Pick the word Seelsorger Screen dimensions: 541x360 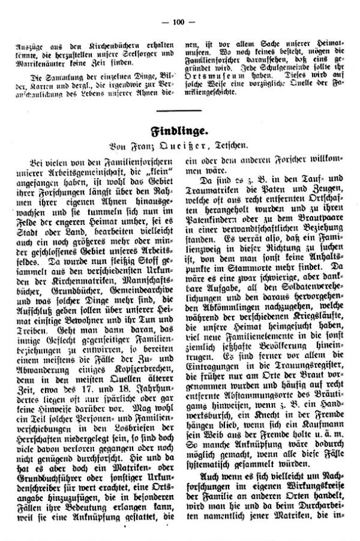click(x=127, y=55)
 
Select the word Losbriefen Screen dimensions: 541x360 click(x=139, y=420)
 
